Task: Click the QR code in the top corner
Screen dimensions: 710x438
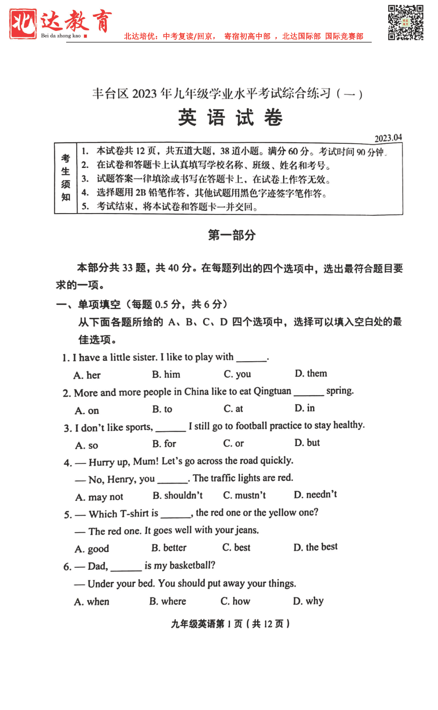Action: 405,23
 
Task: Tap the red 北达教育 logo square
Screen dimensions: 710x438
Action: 23,24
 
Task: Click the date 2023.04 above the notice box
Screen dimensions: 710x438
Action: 388,138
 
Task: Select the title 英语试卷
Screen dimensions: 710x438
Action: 230,118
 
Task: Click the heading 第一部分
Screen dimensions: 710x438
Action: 232,235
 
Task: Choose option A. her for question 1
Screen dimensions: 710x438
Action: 87,375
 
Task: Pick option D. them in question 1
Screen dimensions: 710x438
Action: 311,374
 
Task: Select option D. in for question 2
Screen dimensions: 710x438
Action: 305,408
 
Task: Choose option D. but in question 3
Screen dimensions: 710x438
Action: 307,443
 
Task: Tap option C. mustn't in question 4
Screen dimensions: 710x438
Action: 244,495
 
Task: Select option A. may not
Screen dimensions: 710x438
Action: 99,497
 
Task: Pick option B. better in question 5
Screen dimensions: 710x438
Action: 169,548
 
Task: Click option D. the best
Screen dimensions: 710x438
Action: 315,547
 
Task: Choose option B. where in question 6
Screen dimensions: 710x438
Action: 167,601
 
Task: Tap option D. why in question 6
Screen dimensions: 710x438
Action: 308,601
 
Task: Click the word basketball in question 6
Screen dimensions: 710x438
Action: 192,565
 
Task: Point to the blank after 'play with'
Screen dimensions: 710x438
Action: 252,358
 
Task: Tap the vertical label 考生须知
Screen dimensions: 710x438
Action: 66,178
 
